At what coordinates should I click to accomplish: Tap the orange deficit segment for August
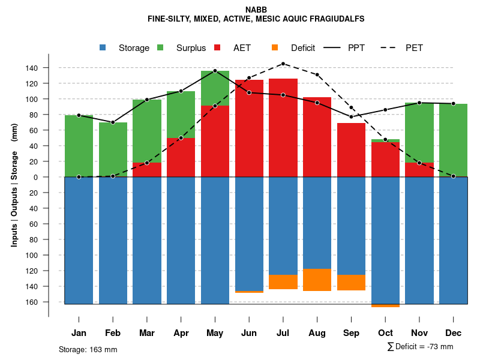click(x=317, y=280)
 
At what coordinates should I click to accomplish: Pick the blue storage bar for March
click(x=147, y=240)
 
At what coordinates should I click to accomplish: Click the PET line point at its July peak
click(x=283, y=64)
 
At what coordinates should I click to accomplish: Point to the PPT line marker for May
click(x=215, y=71)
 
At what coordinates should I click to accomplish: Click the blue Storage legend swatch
click(x=103, y=47)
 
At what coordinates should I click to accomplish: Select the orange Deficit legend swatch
click(x=275, y=47)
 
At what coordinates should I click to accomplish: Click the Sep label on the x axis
click(x=352, y=333)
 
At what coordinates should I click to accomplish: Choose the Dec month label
click(x=454, y=333)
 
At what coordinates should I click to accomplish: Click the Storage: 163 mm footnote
click(x=88, y=349)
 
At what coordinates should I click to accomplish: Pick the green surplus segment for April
click(x=181, y=114)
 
